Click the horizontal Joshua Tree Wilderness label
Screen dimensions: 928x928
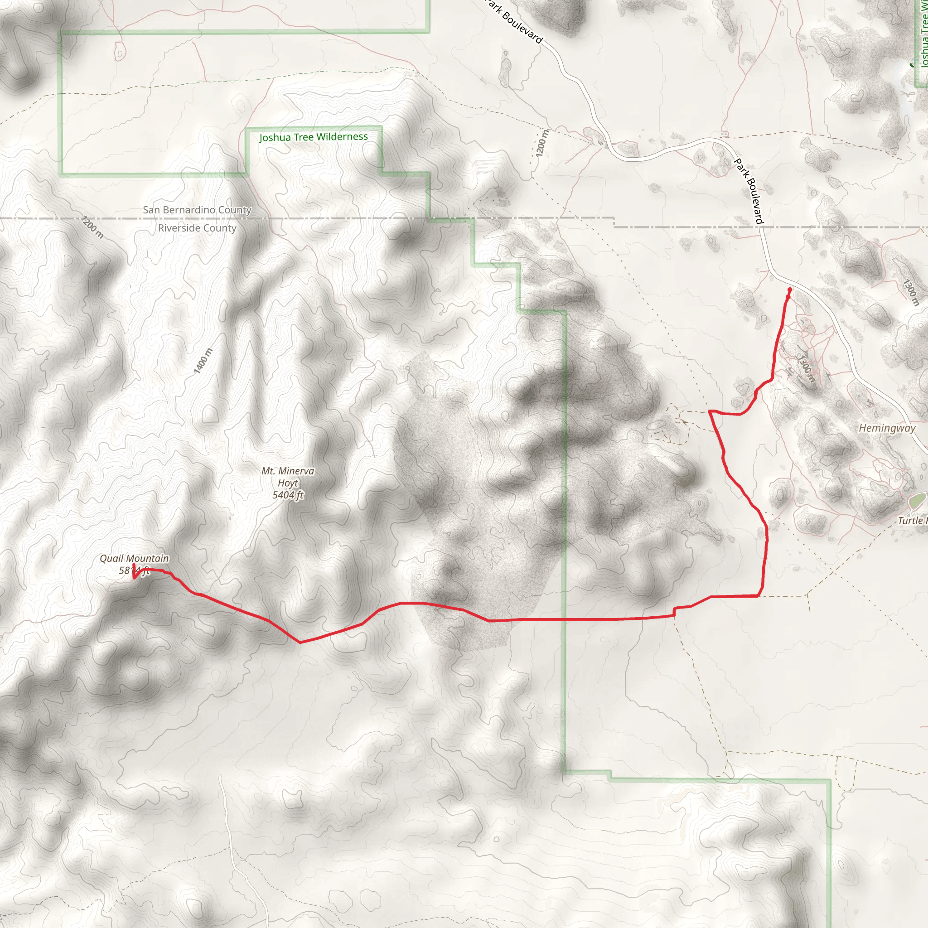tap(314, 137)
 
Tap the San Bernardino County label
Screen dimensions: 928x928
tap(197, 210)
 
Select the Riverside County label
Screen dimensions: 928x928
tap(197, 228)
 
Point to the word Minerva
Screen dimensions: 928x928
tap(296, 471)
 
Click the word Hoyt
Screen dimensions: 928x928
tap(288, 483)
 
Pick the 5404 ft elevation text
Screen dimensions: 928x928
tap(288, 495)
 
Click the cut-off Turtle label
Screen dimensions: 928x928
tap(912, 521)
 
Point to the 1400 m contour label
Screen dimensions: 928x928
tap(203, 361)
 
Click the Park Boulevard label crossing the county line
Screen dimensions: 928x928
tap(749, 191)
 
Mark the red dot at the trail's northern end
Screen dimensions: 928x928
tap(790, 290)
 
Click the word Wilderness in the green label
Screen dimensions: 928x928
tap(343, 136)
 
